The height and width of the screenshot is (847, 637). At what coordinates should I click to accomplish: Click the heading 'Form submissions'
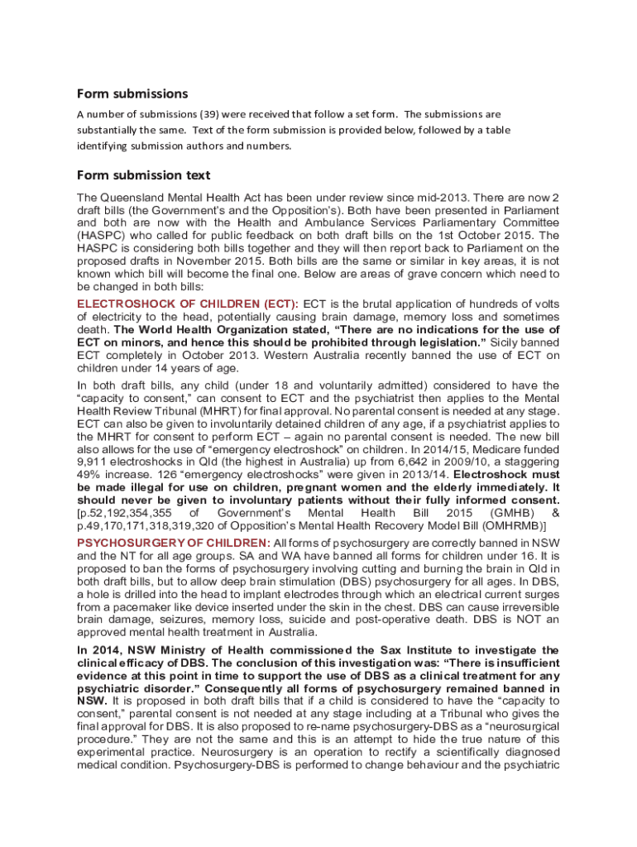[x=132, y=93]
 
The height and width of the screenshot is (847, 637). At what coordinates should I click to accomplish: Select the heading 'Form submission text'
[x=143, y=175]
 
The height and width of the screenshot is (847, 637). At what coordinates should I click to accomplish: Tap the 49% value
[x=89, y=476]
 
